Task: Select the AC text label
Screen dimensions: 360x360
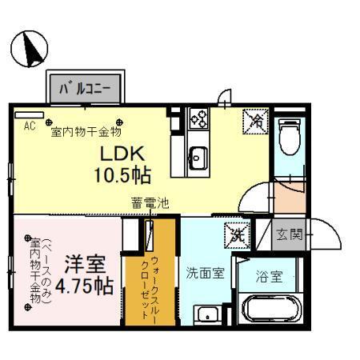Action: coord(30,126)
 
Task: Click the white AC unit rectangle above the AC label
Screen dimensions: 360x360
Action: coord(29,114)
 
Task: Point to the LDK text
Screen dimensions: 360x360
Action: coord(122,151)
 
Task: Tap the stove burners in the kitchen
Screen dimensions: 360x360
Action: coord(198,120)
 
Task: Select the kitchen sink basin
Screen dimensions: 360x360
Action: coord(198,154)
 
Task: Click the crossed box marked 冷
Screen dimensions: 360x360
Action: coord(254,122)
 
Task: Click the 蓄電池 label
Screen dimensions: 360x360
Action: coord(150,204)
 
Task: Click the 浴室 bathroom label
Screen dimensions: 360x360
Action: coord(268,277)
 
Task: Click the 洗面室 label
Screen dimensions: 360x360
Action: coord(206,272)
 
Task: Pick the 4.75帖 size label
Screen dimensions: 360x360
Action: coord(84,285)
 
